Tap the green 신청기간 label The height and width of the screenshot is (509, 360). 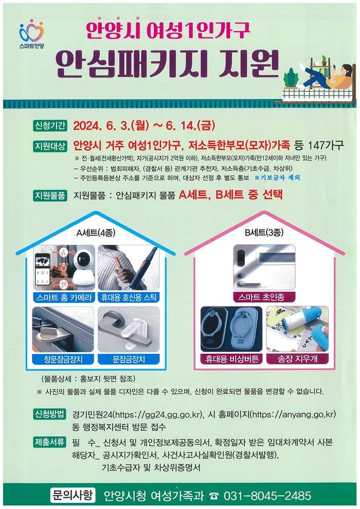(x=50, y=125)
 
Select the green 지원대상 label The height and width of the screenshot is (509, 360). (x=50, y=147)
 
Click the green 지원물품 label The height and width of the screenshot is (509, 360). (x=50, y=195)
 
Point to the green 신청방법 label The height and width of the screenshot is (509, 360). (x=50, y=414)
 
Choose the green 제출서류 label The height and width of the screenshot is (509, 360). (x=50, y=443)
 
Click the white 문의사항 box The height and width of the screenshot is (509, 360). (x=73, y=495)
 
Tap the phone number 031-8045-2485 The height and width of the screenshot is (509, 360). (x=267, y=496)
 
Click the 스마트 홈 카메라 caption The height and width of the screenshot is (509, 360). (x=64, y=297)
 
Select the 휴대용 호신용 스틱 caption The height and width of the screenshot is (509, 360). (x=129, y=297)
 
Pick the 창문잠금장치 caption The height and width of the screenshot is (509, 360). (x=63, y=359)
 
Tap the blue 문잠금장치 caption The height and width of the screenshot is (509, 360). (x=129, y=359)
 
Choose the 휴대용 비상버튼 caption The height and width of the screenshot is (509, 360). (x=232, y=359)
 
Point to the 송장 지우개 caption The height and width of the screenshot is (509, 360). (x=297, y=359)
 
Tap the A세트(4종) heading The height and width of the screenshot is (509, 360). (x=96, y=233)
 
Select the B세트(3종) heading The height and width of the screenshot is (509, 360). (x=264, y=232)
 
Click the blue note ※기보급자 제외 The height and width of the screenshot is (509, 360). (x=277, y=177)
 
